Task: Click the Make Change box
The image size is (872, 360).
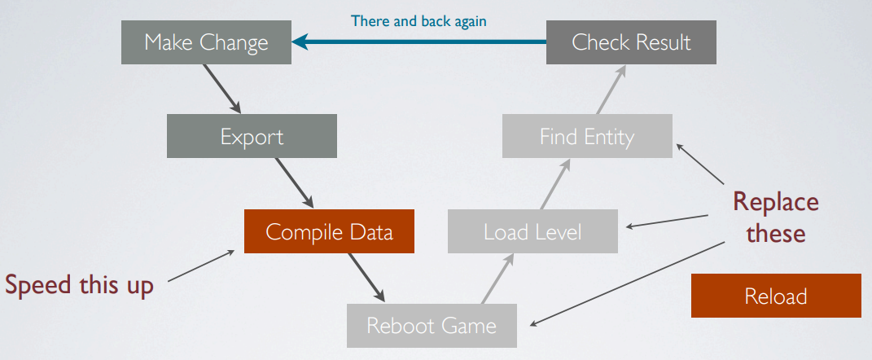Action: [206, 42]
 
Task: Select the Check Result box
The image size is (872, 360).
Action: [631, 42]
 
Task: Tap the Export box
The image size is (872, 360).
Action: [252, 136]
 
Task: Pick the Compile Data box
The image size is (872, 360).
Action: [329, 231]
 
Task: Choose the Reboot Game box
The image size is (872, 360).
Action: [432, 326]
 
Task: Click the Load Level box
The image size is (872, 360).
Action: [532, 231]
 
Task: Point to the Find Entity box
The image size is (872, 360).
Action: [587, 136]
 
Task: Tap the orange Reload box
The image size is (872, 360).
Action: [776, 296]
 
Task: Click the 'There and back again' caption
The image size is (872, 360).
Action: [418, 21]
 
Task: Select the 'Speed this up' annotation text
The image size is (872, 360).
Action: [79, 285]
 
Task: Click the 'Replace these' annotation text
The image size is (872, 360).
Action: [776, 217]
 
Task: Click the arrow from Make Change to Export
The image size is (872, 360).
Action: [222, 89]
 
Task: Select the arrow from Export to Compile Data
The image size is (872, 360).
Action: [294, 183]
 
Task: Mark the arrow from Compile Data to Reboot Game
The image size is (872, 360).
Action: [366, 278]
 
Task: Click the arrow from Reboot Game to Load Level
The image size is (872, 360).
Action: [497, 279]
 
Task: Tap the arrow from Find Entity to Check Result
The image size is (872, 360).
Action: [611, 89]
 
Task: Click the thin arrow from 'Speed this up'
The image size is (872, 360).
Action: [201, 266]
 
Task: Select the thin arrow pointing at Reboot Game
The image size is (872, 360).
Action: [627, 283]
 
